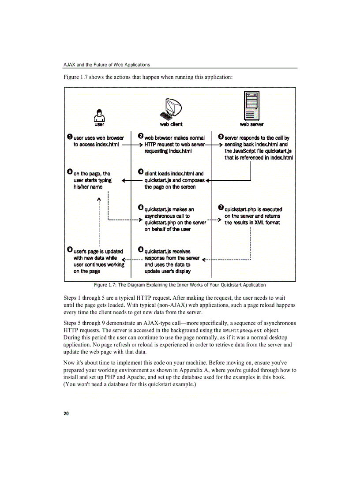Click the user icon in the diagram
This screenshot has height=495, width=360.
(x=100, y=115)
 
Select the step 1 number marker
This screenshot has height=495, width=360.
(x=70, y=138)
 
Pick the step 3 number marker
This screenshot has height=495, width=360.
(x=221, y=138)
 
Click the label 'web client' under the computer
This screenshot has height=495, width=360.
(x=171, y=124)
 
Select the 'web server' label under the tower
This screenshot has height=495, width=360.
(x=251, y=124)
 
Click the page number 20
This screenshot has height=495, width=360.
(x=66, y=413)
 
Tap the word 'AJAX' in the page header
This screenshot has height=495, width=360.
(x=69, y=64)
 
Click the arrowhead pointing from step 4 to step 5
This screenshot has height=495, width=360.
(x=124, y=180)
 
